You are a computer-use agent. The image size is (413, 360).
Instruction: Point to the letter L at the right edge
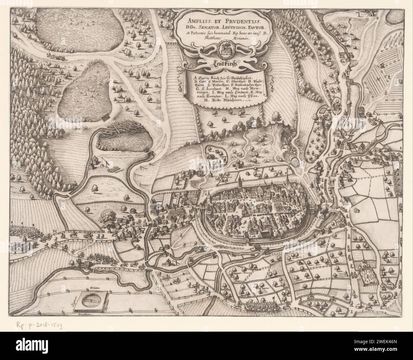point(401,148)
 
